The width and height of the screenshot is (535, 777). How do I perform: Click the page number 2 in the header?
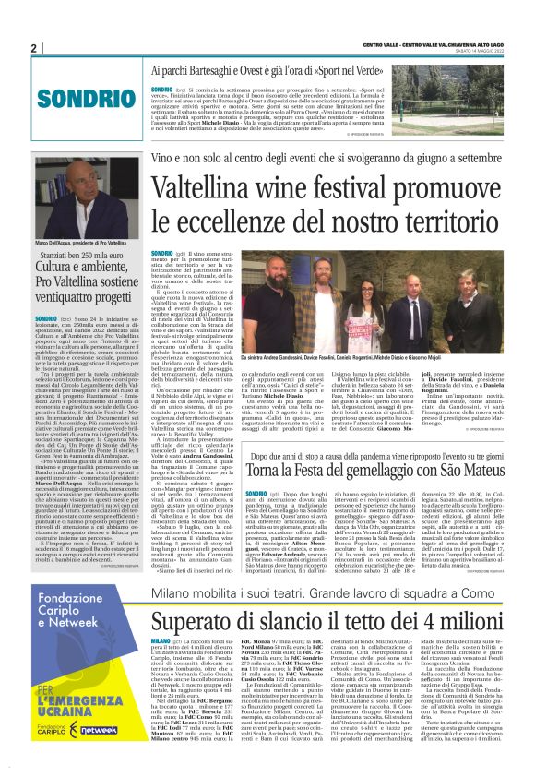click(x=33, y=48)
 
